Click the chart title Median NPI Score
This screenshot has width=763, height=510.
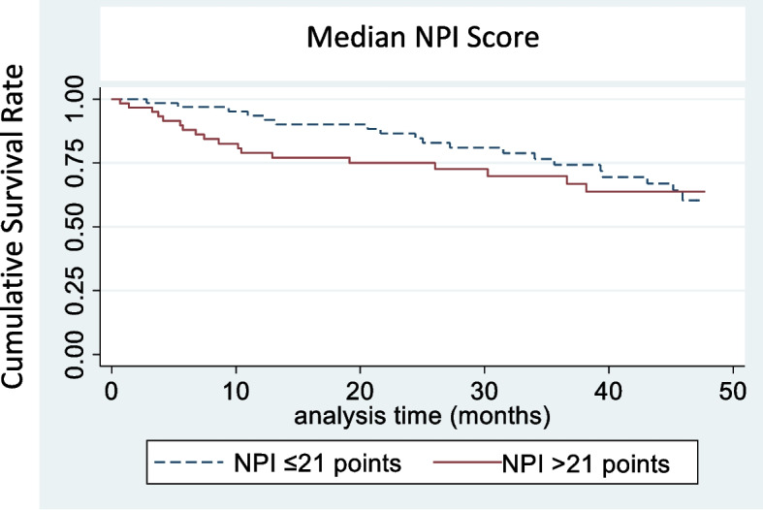(x=424, y=39)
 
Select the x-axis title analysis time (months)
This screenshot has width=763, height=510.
(x=423, y=418)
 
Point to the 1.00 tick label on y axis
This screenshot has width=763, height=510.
(x=85, y=100)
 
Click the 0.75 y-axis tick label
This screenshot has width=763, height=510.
(x=85, y=163)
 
